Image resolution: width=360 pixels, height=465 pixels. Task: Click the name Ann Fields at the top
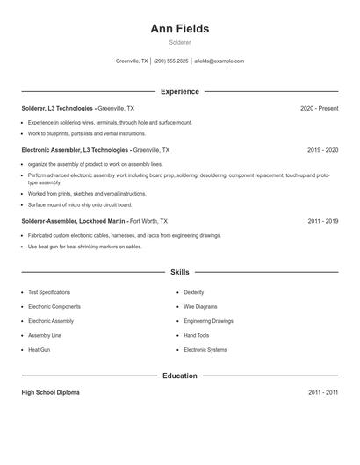coord(180,29)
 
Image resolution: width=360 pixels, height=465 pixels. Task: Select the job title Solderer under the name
coord(180,42)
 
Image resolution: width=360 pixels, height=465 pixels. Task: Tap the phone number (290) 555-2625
coord(171,61)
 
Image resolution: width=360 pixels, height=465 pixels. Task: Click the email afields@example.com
coord(219,61)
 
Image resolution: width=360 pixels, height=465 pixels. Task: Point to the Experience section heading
coord(180,91)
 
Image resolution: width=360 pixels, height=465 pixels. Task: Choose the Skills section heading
coord(180,272)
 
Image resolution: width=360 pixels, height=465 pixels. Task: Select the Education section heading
coord(180,376)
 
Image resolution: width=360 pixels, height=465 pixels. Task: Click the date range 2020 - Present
coord(319,108)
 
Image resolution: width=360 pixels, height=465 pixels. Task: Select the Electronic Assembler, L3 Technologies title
coord(74,150)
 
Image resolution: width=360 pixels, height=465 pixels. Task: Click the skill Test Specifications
coord(49,292)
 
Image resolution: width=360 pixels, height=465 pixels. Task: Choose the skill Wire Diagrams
coord(201,306)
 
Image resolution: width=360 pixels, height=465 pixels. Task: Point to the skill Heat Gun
coord(40,350)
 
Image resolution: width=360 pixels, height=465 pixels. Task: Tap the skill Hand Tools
coord(197,335)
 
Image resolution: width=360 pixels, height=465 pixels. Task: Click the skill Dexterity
coord(194,292)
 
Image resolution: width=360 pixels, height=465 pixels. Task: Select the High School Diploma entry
coord(50,392)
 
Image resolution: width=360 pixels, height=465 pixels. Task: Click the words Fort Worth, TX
coord(148,222)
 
